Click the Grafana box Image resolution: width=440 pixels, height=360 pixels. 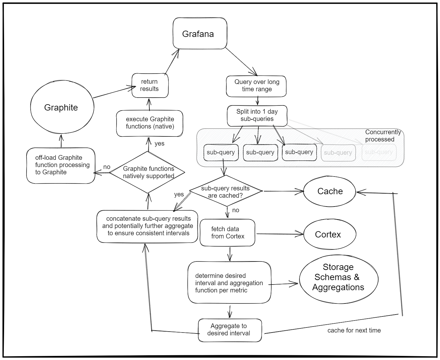click(x=200, y=33)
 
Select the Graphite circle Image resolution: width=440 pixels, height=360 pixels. click(x=62, y=107)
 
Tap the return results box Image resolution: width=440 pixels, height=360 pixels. click(x=150, y=85)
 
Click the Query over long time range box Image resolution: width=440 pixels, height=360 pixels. click(x=256, y=86)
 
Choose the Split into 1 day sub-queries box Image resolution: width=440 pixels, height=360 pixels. click(x=257, y=116)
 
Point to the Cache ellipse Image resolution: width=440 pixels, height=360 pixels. click(x=329, y=191)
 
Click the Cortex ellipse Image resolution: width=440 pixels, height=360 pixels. click(x=329, y=235)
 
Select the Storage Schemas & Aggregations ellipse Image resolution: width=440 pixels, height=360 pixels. click(x=338, y=278)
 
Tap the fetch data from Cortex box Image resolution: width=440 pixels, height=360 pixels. click(x=227, y=233)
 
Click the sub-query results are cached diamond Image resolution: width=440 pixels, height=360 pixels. click(x=226, y=191)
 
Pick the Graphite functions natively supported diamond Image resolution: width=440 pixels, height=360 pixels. click(x=148, y=172)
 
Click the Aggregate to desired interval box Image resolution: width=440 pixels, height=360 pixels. click(x=230, y=330)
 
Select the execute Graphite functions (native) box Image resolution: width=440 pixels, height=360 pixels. click(x=149, y=123)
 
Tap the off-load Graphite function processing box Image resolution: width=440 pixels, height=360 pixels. click(x=61, y=165)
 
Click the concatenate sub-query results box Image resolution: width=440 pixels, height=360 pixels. click(x=147, y=226)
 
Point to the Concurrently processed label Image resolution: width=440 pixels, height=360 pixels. click(x=383, y=136)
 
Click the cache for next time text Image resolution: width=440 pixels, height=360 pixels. click(x=354, y=331)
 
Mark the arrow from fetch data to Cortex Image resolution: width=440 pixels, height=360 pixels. click(x=280, y=234)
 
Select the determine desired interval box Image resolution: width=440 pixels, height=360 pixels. click(x=229, y=283)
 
